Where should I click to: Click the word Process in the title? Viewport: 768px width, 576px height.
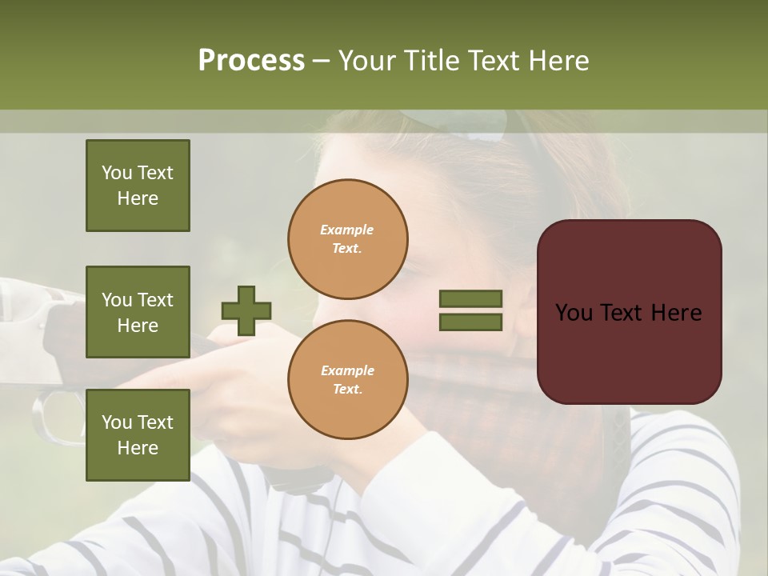tap(251, 61)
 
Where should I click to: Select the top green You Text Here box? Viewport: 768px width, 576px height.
tap(138, 186)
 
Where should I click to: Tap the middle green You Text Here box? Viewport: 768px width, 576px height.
tap(138, 312)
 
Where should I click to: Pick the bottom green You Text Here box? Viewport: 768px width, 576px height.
tap(138, 434)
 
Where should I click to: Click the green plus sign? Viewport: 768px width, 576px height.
tap(246, 310)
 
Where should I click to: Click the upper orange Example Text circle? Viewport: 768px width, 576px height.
tap(348, 238)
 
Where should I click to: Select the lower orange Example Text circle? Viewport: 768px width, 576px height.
tap(348, 379)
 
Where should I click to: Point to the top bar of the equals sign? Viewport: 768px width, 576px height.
tap(470, 299)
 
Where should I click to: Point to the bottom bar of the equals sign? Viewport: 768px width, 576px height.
tap(470, 322)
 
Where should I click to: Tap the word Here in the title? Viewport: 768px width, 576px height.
tap(559, 61)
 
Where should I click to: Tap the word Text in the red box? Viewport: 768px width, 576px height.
tap(628, 313)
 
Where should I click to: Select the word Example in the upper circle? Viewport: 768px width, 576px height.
tap(346, 230)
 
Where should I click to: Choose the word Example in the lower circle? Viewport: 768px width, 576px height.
tap(347, 370)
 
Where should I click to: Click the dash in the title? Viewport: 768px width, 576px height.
tap(322, 61)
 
